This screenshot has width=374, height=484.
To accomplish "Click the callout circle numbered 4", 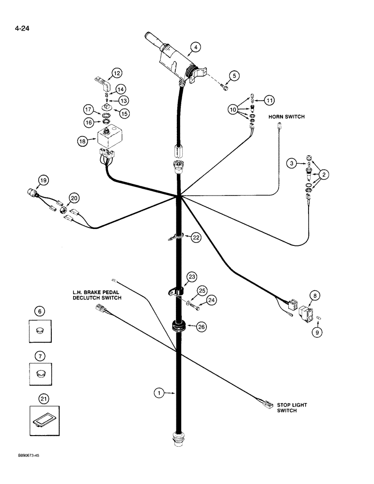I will pyautogui.click(x=195, y=47).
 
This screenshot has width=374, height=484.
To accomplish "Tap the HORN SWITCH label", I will pyautogui.click(x=287, y=117).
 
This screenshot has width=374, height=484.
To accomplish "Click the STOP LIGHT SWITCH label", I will pyautogui.click(x=292, y=408).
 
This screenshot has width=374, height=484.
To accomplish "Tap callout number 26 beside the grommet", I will pyautogui.click(x=201, y=327).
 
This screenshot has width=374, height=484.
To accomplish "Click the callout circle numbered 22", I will pyautogui.click(x=196, y=237).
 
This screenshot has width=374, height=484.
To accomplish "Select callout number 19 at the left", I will pyautogui.click(x=44, y=181).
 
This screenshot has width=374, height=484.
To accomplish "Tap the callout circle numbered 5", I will pyautogui.click(x=234, y=76).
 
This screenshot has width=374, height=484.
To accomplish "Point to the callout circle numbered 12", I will pyautogui.click(x=117, y=73).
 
